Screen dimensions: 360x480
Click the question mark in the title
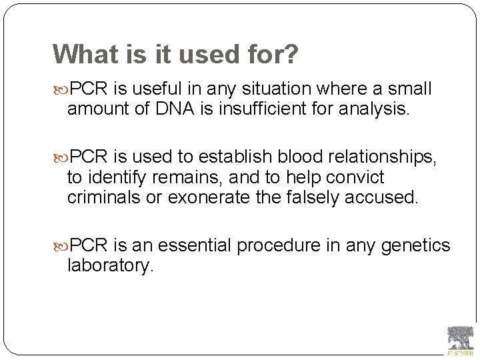click(291, 55)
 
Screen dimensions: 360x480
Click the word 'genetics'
click(417, 246)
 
